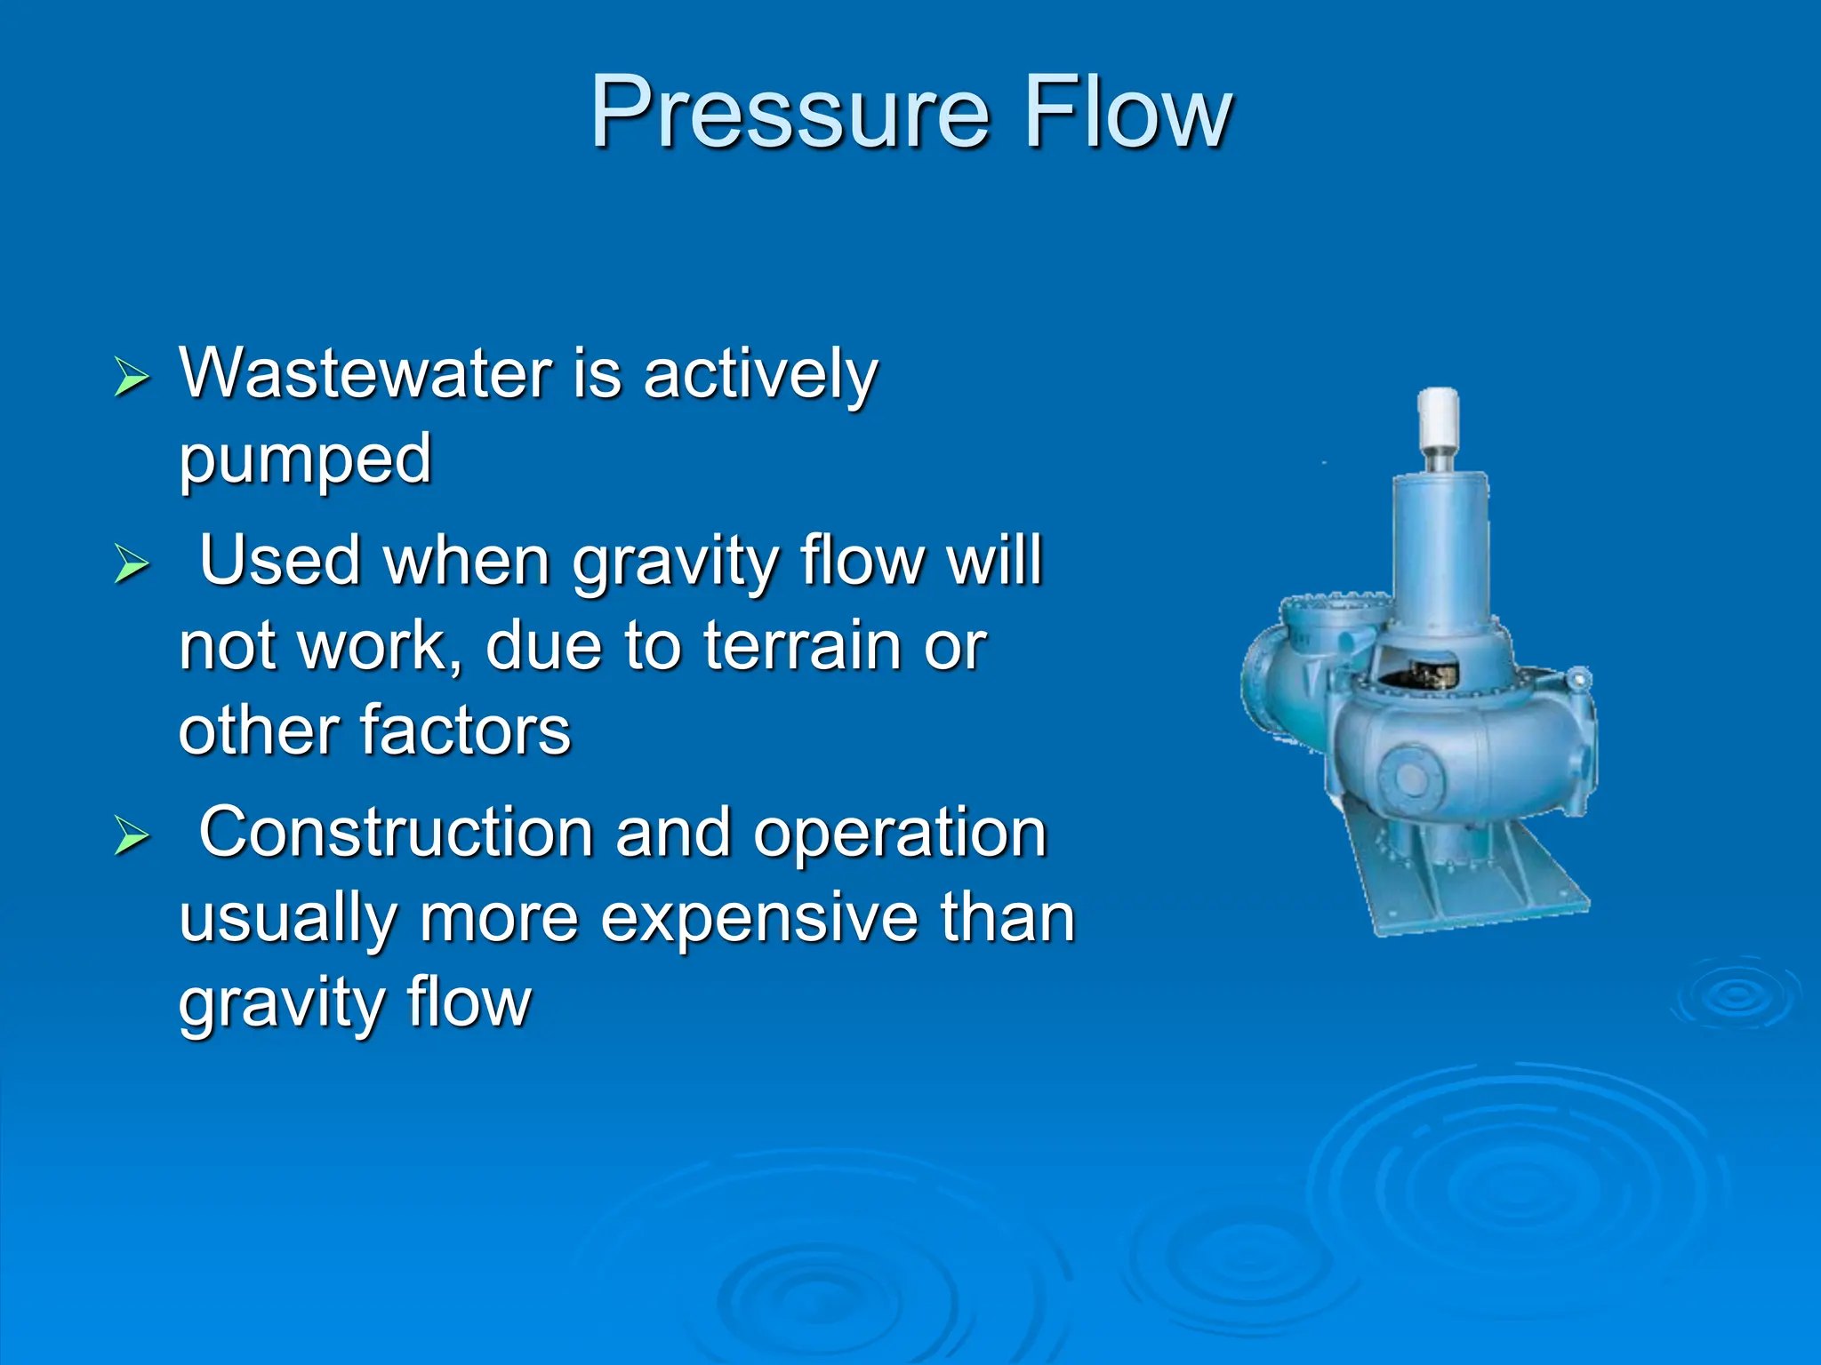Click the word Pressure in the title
tap(790, 114)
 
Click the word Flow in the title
tap(1127, 114)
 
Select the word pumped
tap(305, 460)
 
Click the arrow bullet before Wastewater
tap(132, 378)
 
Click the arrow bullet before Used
tap(132, 564)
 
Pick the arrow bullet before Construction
tap(132, 836)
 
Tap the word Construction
tap(396, 833)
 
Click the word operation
tap(900, 834)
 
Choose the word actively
tap(760, 375)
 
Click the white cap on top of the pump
tap(1438, 418)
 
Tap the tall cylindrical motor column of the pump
tap(1438, 551)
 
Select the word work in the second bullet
tap(373, 646)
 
